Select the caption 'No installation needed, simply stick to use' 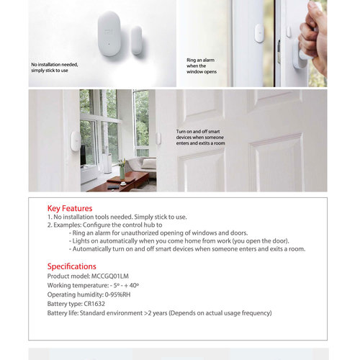pyautogui.click(x=54, y=67)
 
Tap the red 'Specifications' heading pyautogui.click(x=71, y=266)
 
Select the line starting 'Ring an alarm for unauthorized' pyautogui.click(x=158, y=233)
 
